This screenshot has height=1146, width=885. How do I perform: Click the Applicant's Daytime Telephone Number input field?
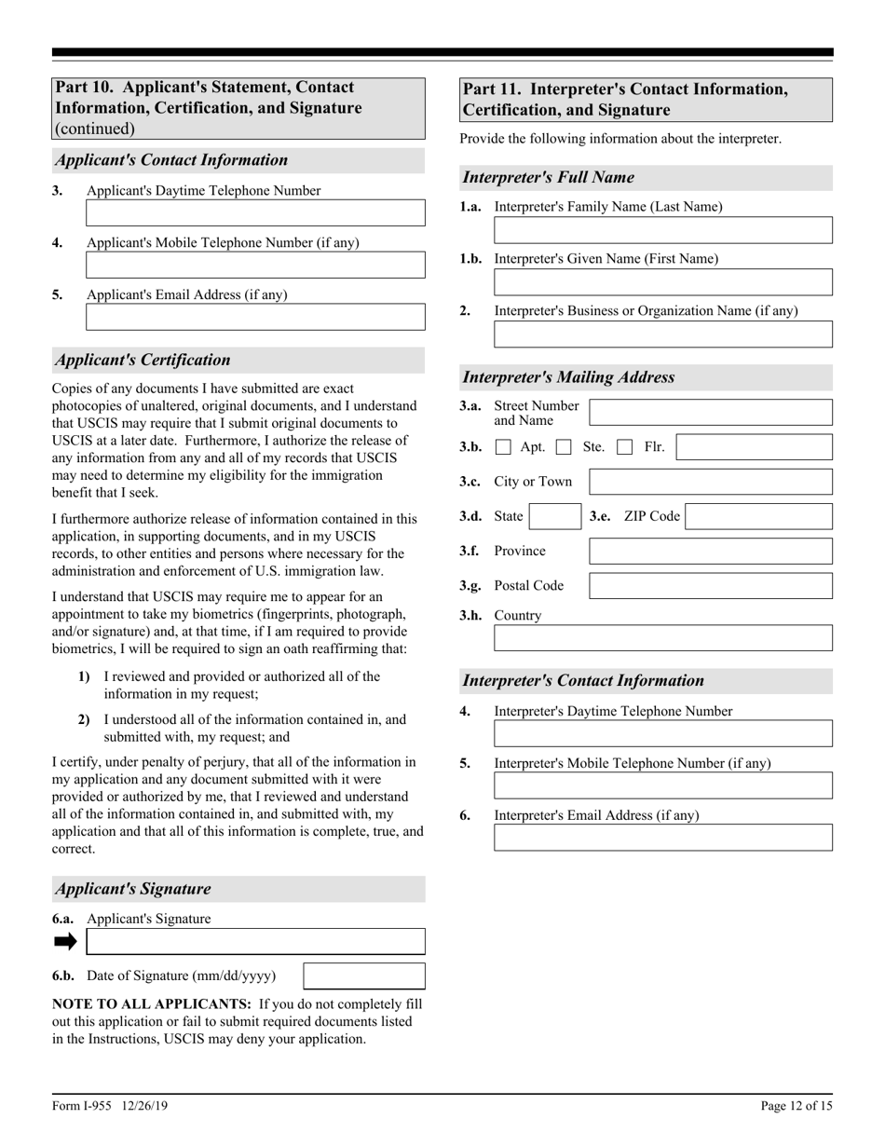255,213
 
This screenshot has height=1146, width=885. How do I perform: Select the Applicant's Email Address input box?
255,318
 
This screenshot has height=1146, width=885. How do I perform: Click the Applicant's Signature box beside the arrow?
255,942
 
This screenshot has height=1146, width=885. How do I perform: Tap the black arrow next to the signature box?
65,942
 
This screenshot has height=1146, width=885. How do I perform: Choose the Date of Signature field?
364,976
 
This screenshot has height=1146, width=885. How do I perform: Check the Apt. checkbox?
503,447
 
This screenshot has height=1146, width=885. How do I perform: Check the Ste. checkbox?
564,447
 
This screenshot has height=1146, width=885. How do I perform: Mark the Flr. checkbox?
626,447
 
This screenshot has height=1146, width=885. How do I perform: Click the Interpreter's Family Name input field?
662,230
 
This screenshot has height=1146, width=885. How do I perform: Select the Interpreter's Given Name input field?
662,282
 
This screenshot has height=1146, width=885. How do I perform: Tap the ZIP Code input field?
758,517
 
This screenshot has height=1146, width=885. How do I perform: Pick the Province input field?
711,552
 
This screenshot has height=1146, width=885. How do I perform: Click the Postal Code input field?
711,586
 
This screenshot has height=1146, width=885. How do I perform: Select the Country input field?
662,638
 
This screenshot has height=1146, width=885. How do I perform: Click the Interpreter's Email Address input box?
662,838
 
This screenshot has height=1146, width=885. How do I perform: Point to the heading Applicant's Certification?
143,361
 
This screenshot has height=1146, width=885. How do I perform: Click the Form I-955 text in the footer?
110,1107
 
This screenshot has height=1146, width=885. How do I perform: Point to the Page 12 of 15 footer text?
796,1107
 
